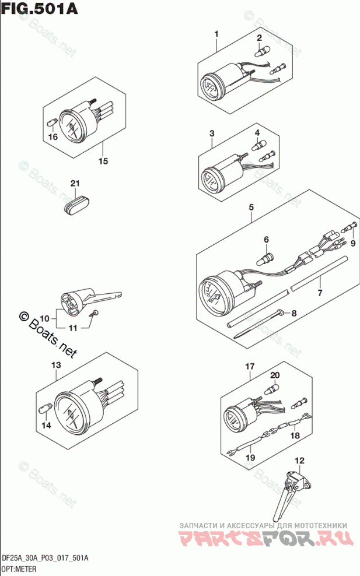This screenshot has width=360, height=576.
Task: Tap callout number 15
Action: (103, 161)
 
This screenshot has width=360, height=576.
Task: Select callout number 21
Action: (74, 184)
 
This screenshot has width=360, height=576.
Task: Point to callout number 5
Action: (251, 207)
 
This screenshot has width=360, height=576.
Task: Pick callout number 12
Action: (299, 461)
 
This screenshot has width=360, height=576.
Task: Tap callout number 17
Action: (250, 367)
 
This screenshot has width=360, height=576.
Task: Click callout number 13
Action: (56, 365)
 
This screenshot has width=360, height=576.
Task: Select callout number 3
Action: (212, 134)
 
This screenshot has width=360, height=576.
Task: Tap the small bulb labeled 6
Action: (267, 253)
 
